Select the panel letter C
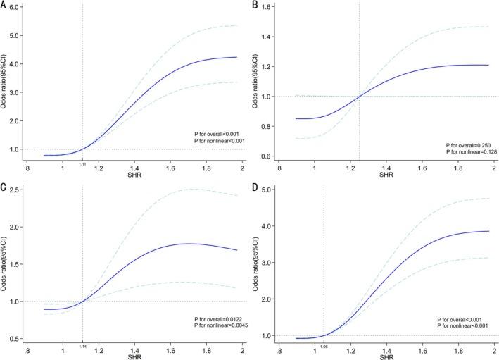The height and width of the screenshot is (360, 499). (x=5, y=190)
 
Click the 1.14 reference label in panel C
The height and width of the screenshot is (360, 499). (x=83, y=347)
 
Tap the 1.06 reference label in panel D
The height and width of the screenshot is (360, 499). (x=324, y=347)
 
